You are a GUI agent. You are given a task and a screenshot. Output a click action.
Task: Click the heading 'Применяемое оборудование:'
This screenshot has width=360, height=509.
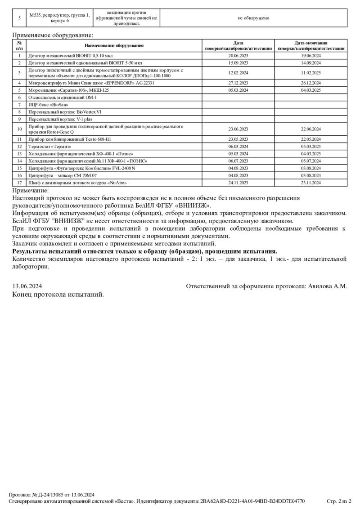point(53,35)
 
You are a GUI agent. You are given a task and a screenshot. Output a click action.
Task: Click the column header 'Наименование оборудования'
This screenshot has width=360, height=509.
point(114,45)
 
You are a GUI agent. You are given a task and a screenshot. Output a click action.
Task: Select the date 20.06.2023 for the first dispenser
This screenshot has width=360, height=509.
point(238,56)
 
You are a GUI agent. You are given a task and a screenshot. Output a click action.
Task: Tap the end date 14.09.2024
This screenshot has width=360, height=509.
point(311,63)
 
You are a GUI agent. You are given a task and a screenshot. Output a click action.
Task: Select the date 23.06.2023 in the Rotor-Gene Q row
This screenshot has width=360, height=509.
point(238,129)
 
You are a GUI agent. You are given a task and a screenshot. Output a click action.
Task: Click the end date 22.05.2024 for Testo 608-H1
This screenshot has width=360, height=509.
point(311,139)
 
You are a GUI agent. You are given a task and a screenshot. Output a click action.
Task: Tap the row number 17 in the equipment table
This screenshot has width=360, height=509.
point(19,183)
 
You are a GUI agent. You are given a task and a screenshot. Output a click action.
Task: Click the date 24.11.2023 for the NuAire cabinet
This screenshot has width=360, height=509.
point(238,183)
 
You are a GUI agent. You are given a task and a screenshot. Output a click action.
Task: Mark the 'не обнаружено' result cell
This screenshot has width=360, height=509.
point(253,18)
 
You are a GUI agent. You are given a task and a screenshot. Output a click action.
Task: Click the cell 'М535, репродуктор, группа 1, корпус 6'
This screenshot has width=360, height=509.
point(59,18)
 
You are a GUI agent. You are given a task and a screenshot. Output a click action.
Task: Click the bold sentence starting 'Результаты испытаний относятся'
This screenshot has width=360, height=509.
point(144,251)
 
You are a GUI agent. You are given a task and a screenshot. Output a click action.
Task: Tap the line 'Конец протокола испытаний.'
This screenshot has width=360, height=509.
point(58,295)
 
